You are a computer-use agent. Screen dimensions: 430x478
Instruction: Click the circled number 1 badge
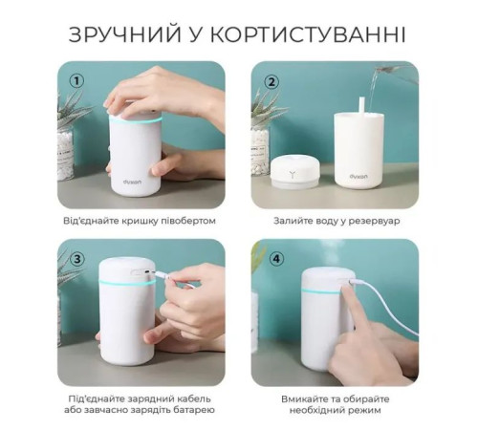(x=75, y=81)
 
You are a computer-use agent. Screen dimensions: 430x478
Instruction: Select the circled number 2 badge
(x=272, y=82)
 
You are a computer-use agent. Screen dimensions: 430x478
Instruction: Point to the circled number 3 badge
(x=75, y=258)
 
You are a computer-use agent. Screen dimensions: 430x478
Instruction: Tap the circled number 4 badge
(x=271, y=258)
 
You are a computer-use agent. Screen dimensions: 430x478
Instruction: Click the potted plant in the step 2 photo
(x=260, y=129)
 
